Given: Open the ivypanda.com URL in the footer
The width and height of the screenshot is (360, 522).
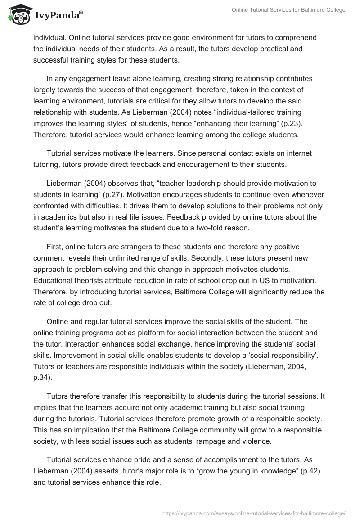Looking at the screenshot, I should point(252,513).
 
